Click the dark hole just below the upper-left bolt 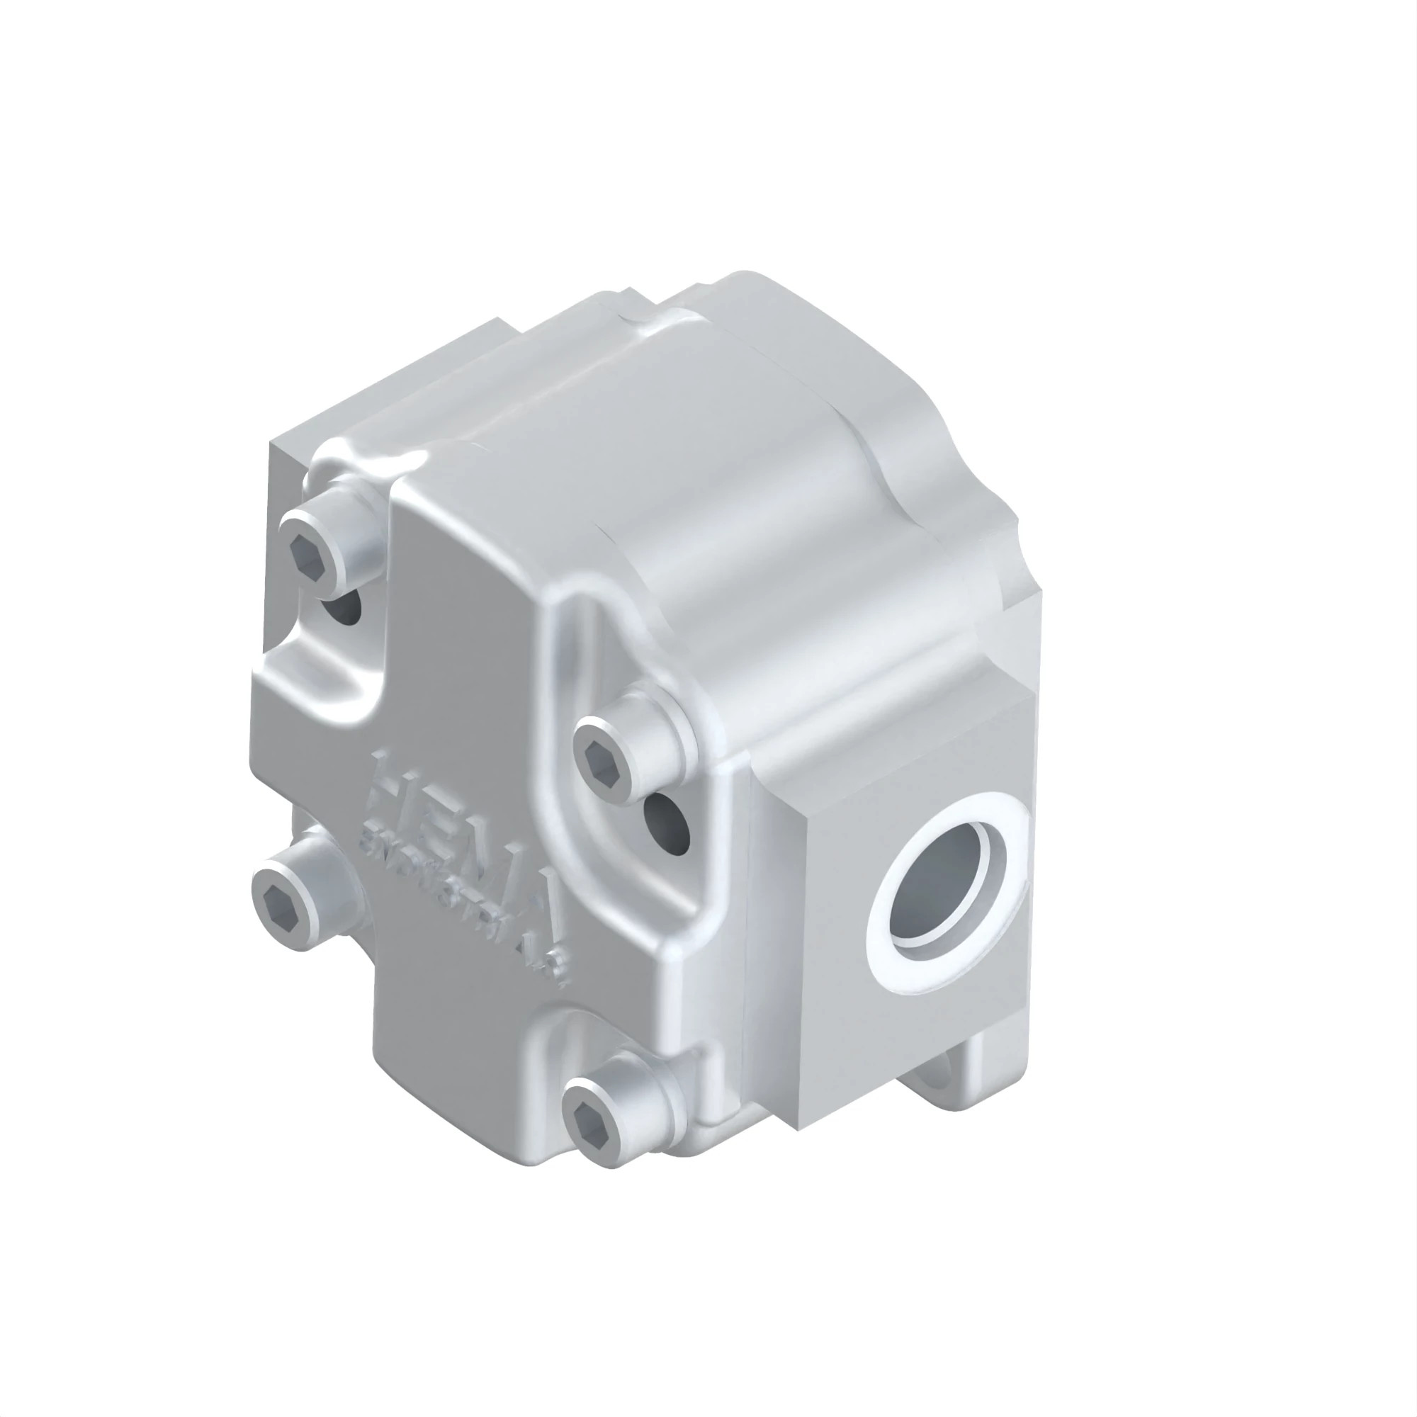pos(345,606)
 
